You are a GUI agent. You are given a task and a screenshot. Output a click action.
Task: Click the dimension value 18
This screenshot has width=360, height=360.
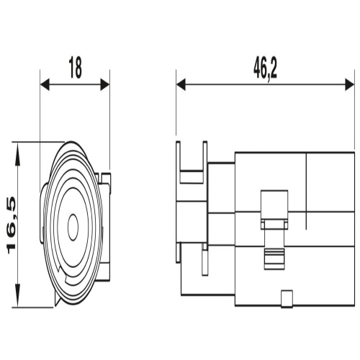point(76,68)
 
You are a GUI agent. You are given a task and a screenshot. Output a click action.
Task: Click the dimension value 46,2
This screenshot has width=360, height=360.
point(265,68)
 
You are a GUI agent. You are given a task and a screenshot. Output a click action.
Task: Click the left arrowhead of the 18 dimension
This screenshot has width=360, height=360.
point(45,84)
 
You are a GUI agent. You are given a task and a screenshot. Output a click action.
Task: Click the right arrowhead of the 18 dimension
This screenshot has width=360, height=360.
point(105,84)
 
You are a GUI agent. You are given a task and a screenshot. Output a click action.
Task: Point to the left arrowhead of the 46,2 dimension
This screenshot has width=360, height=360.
point(181,84)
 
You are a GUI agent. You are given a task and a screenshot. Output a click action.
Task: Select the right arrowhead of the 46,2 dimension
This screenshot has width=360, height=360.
point(350,84)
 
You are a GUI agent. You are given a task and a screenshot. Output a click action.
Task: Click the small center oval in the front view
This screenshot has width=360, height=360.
point(73,227)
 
